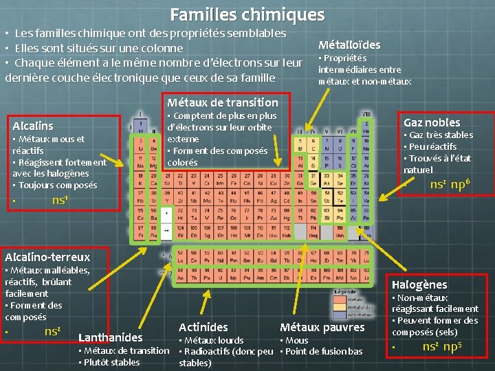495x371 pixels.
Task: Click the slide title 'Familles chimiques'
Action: (x=247, y=14)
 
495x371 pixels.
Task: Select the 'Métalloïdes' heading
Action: (x=349, y=44)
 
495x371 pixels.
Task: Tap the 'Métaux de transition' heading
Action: (x=223, y=102)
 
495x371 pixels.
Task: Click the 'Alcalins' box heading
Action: (x=32, y=126)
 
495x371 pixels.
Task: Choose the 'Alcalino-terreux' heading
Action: (x=47, y=256)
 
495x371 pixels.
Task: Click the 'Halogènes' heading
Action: (x=419, y=284)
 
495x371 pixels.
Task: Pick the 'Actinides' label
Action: (x=203, y=327)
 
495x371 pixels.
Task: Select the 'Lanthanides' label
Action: (x=111, y=337)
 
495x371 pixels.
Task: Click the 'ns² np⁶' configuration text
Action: (x=450, y=184)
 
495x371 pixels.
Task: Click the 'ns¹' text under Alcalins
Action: (x=61, y=200)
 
